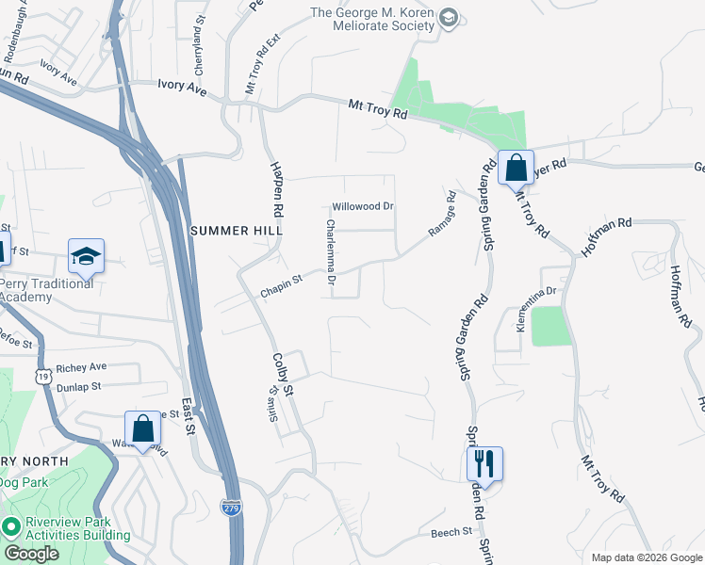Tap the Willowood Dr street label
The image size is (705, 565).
(x=363, y=206)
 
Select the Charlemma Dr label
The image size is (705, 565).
(x=331, y=251)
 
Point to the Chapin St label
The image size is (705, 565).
(x=281, y=286)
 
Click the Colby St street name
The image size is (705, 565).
(x=283, y=375)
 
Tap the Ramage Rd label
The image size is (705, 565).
(x=442, y=215)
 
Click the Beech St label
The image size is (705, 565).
(x=451, y=532)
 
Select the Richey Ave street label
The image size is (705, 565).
(x=82, y=367)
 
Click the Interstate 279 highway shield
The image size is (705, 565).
(x=231, y=507)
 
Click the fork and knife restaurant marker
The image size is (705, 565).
(x=484, y=463)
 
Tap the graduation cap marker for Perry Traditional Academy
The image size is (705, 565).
(x=86, y=255)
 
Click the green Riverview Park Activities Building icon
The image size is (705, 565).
(x=11, y=526)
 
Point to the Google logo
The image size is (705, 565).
(x=31, y=554)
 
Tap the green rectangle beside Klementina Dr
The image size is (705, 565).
(x=551, y=326)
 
